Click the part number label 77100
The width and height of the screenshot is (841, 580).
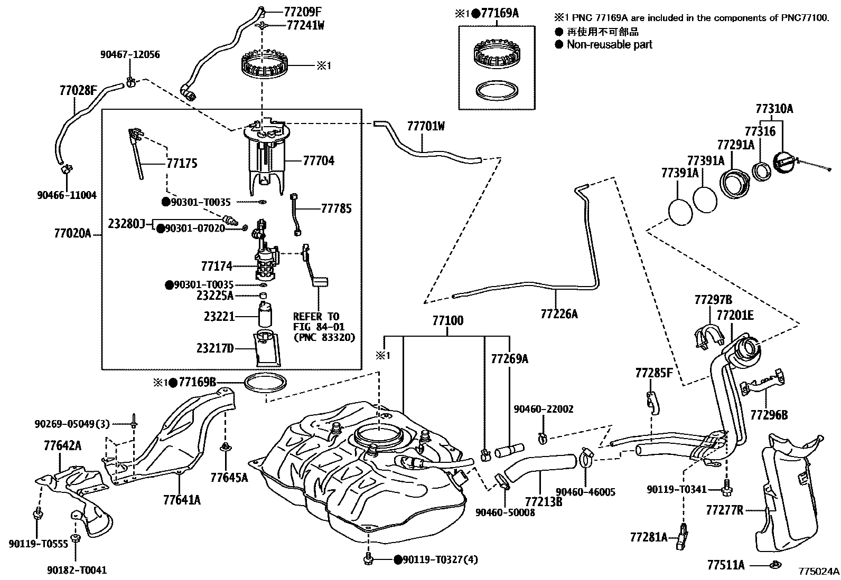pyautogui.click(x=447, y=320)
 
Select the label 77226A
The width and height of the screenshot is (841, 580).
pyautogui.click(x=559, y=314)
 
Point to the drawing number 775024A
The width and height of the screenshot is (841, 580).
pyautogui.click(x=818, y=571)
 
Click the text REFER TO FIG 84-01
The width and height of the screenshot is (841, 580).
pyautogui.click(x=316, y=321)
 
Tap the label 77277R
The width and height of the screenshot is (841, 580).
pyautogui.click(x=724, y=510)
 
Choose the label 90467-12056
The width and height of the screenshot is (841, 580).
pyautogui.click(x=130, y=55)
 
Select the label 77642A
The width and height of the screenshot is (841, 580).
pyautogui.click(x=62, y=446)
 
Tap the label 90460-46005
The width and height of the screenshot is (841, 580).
pyautogui.click(x=586, y=492)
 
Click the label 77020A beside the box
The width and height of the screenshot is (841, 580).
pyautogui.click(x=72, y=233)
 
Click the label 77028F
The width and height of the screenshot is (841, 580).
pyautogui.click(x=78, y=91)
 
